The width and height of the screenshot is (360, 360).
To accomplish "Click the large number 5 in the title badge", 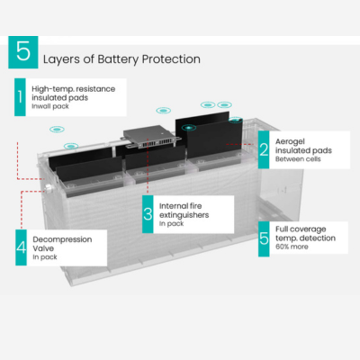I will pyautogui.click(x=22, y=52).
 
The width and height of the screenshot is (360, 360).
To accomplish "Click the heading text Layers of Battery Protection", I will pyautogui.click(x=121, y=58).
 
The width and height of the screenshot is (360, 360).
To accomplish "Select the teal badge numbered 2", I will pyautogui.click(x=263, y=149).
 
